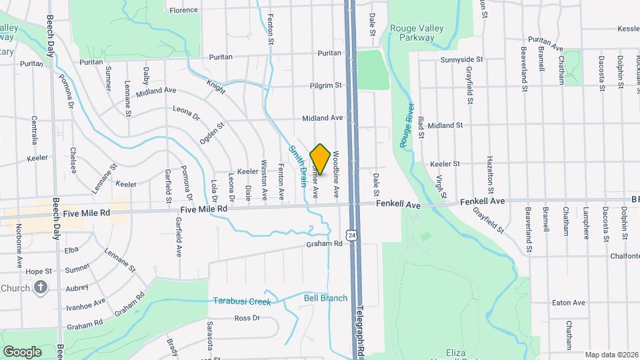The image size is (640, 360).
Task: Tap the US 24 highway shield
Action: point(351,234)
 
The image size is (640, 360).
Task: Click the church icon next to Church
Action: point(41,288)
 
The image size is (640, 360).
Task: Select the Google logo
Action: point(22,351)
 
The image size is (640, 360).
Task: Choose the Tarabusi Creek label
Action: point(242,301)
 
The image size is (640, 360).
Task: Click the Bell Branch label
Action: point(325,298)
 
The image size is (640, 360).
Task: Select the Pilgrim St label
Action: point(325,85)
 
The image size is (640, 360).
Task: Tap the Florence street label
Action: point(183,10)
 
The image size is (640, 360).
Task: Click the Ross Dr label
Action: point(247,318)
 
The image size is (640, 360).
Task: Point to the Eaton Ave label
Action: point(569,303)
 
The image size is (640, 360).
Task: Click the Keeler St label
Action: point(445,163)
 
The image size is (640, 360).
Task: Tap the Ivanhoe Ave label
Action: point(86,302)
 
